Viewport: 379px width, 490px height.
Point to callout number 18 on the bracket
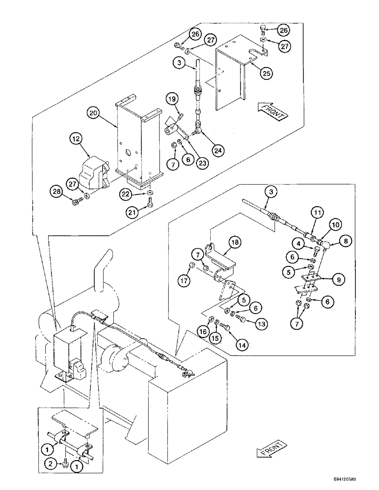click(x=235, y=242)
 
